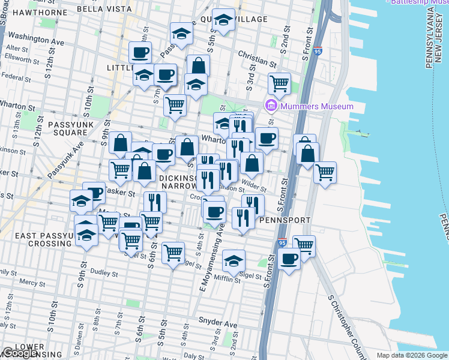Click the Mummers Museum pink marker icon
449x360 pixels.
(271, 106)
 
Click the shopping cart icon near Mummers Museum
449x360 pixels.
(279, 83)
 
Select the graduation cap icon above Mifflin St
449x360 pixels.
(234, 260)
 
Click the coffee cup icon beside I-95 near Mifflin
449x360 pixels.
(289, 259)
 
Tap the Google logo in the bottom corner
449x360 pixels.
(20, 353)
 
